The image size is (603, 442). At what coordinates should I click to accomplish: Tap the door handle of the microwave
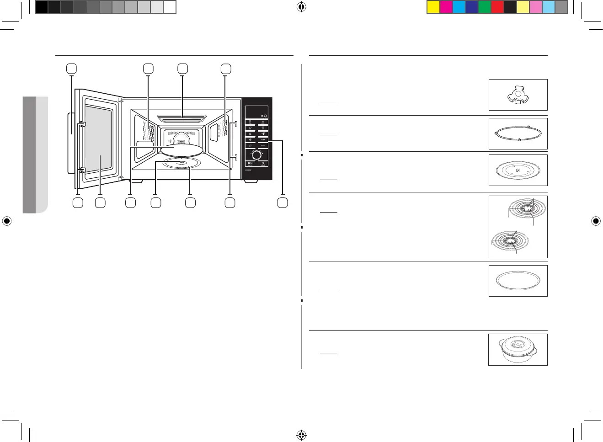[x=71, y=143]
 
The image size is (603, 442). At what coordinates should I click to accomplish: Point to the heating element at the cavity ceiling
[x=182, y=119]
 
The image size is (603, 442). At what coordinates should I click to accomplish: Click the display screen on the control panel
[x=256, y=111]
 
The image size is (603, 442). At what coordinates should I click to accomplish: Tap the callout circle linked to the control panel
[x=283, y=202]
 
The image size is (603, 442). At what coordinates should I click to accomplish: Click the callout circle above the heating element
[x=182, y=69]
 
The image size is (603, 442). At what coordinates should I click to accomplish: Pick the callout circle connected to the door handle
[x=71, y=69]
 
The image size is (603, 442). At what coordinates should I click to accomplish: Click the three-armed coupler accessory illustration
[x=518, y=95]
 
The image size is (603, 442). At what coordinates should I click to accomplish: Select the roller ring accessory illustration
[x=518, y=134]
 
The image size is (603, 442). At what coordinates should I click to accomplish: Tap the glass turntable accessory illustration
[x=518, y=170]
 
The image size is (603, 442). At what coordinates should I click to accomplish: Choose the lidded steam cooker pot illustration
[x=518, y=350]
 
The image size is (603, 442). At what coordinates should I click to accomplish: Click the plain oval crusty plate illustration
[x=518, y=281]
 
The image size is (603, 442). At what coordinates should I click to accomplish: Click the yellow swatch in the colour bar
[x=433, y=7]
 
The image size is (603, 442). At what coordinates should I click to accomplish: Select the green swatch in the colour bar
[x=484, y=7]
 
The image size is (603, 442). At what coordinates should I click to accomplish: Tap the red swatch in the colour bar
[x=497, y=7]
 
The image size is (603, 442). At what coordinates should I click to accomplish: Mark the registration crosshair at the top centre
[x=301, y=7]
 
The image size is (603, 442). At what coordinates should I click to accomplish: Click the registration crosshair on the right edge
[x=596, y=222]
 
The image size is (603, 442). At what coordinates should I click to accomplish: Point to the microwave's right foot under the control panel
[x=251, y=181]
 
